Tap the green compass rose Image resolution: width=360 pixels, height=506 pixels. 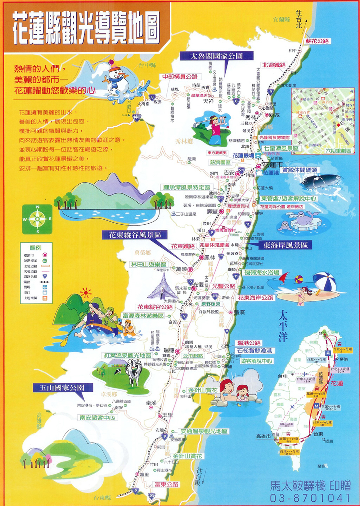[x=37, y=219]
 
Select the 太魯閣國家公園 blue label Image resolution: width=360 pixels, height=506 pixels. [x=216, y=56]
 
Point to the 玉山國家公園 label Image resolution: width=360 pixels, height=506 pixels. [x=63, y=388]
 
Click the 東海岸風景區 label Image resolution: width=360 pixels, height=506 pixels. [x=285, y=245]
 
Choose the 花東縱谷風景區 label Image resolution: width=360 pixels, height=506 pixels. [x=135, y=235]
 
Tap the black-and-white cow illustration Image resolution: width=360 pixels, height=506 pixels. [x=134, y=371]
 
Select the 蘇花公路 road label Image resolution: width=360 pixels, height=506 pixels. [x=317, y=41]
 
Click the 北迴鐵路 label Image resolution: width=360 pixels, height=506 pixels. [x=274, y=65]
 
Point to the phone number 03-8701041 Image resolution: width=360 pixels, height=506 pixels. [x=310, y=498]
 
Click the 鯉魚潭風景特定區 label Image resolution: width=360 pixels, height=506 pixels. [x=186, y=187]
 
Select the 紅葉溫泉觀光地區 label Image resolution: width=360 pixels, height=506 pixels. [x=127, y=355]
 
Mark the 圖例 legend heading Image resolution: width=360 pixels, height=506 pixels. [x=36, y=247]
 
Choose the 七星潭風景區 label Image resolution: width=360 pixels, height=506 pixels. [x=281, y=148]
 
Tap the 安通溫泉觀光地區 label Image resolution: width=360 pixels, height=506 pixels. [x=204, y=431]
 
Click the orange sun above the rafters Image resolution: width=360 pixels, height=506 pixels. [x=86, y=293]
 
